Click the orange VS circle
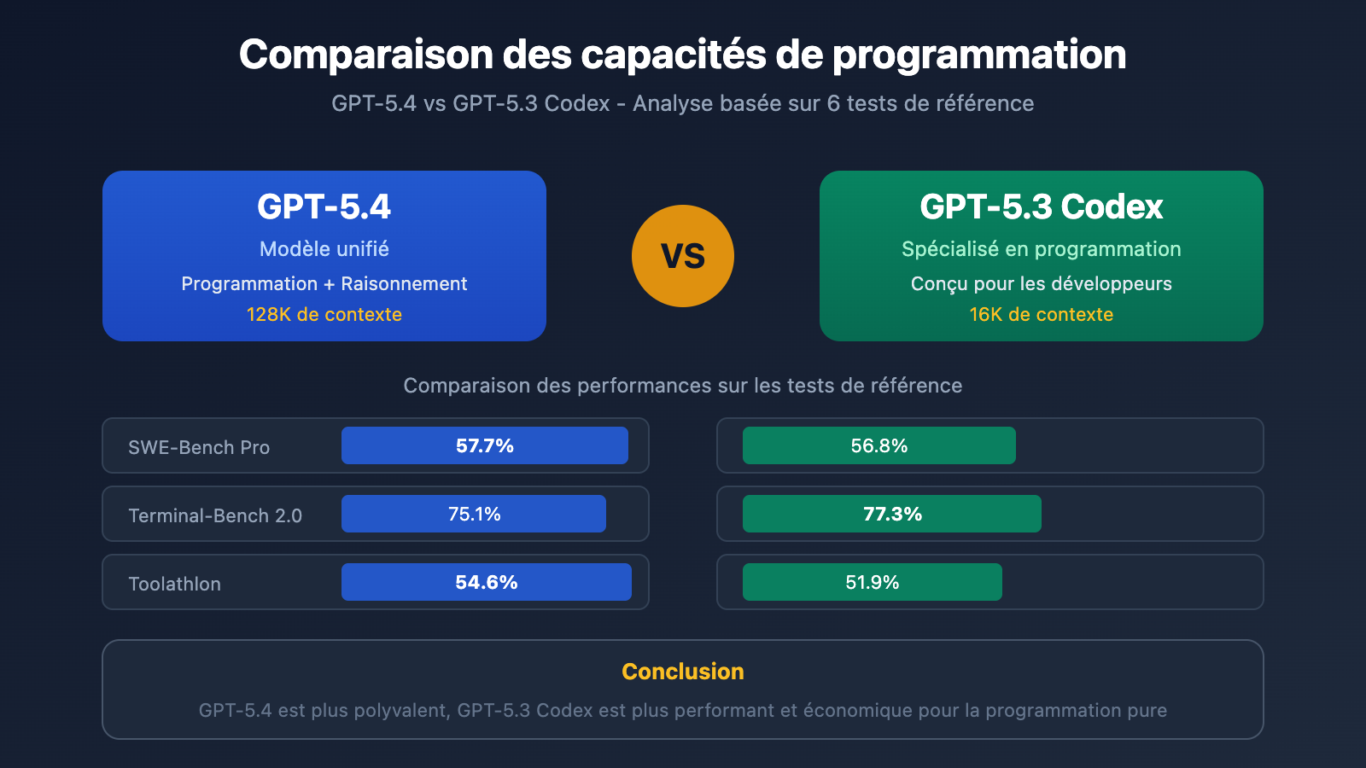[683, 256]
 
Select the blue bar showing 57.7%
[484, 445]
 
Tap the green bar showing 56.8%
[879, 445]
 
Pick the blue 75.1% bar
[474, 514]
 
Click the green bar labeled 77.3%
[891, 514]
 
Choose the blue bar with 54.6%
[486, 582]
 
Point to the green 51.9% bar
[872, 582]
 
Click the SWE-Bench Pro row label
[199, 447]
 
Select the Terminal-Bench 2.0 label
[215, 515]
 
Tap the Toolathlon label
[174, 584]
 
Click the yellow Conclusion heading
[683, 672]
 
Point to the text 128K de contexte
[324, 314]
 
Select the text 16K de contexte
[1041, 314]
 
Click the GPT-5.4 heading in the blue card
[324, 207]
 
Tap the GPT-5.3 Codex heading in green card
[1041, 207]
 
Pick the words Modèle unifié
[324, 249]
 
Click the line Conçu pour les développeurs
[1041, 283]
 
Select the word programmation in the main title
[978, 55]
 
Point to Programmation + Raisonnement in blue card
[324, 283]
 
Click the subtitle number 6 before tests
[833, 103]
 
